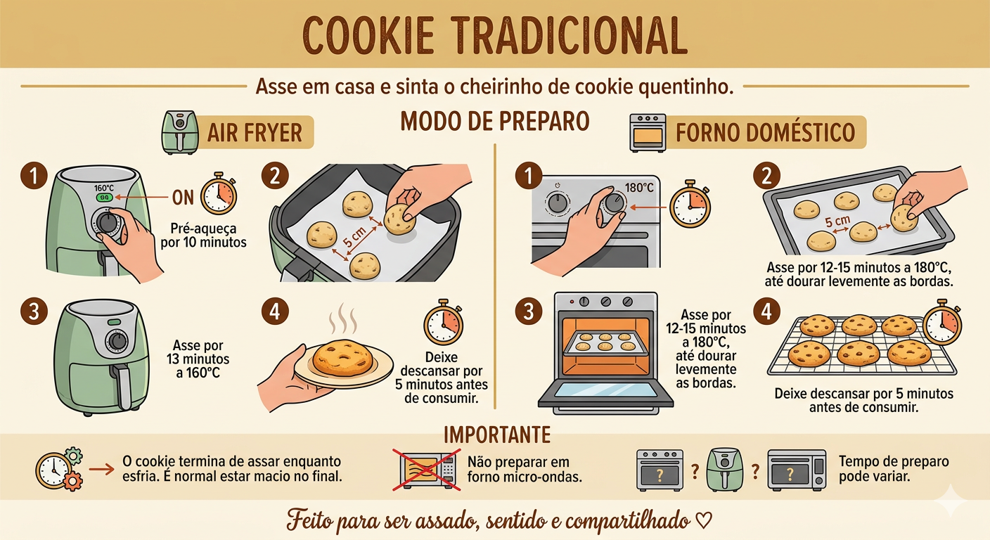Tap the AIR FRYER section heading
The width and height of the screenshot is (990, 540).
(x=255, y=132)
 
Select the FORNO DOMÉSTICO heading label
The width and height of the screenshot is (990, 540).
(x=765, y=132)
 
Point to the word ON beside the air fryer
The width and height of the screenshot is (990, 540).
(x=183, y=198)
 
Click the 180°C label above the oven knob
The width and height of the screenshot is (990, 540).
(x=639, y=188)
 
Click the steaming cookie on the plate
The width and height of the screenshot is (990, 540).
(x=344, y=357)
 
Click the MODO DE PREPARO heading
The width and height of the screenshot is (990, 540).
(x=494, y=121)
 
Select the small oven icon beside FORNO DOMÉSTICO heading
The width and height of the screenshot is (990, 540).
(x=648, y=132)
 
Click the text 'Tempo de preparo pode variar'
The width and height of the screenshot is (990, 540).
(x=894, y=470)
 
